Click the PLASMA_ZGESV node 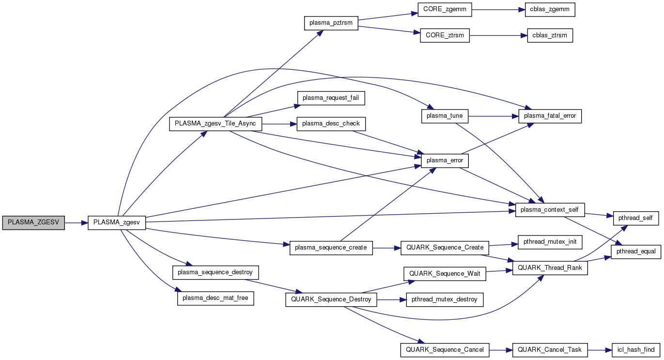pos(33,222)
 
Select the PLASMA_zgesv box pos(117,222)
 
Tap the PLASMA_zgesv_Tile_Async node pos(216,124)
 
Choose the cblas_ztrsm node pos(550,35)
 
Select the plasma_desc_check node pos(331,124)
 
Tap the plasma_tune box pos(445,116)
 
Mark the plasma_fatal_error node pos(550,116)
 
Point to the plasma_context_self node pos(550,210)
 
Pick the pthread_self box pos(636,218)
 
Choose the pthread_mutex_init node pos(550,241)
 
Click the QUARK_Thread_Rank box pos(550,268)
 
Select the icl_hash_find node pos(636,349)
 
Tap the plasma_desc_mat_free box pos(216,298)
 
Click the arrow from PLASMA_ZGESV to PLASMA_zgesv pos(76,223)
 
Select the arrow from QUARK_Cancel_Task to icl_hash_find pos(600,349)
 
